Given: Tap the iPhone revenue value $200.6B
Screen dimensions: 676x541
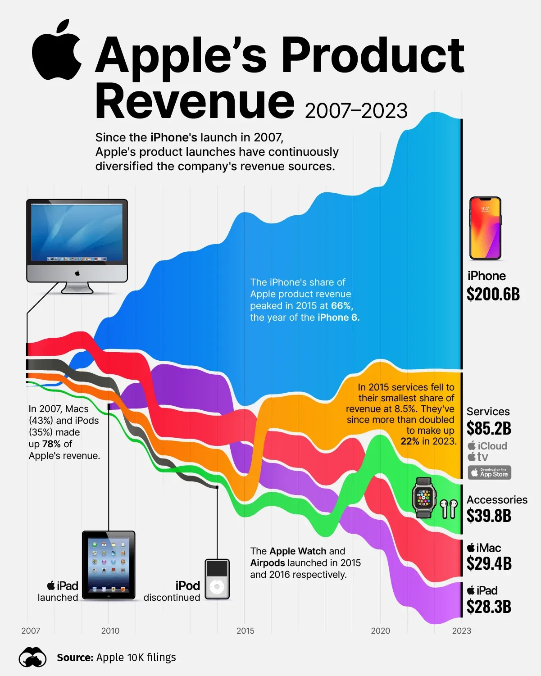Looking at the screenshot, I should click(x=493, y=294).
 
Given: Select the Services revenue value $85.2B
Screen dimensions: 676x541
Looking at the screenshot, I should click(x=489, y=428).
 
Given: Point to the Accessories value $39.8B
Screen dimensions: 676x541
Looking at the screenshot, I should click(x=489, y=516).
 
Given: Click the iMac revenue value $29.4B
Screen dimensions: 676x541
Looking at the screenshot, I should click(x=489, y=563).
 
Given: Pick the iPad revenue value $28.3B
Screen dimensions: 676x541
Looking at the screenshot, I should click(x=489, y=607).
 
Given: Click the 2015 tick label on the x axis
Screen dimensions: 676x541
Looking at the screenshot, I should click(x=245, y=631).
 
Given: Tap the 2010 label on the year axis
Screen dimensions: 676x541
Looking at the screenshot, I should click(x=110, y=631).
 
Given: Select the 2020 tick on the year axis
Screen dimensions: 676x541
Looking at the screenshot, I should click(x=380, y=631).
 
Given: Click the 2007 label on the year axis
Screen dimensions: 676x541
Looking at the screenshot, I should click(x=31, y=631).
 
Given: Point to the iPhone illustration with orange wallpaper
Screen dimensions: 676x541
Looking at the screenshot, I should click(x=485, y=228).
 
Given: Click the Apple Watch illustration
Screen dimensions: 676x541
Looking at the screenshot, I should click(x=424, y=498).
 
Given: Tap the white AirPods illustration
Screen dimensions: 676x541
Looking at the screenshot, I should click(x=448, y=509).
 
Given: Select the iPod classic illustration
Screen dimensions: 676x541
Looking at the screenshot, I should click(x=217, y=579).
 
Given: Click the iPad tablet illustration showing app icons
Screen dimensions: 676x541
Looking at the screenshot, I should click(x=109, y=565).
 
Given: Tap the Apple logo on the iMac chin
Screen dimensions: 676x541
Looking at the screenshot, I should click(x=77, y=273).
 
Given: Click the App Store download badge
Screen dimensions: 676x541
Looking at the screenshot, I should click(x=489, y=472).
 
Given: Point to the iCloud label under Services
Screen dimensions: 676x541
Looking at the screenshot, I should click(x=487, y=446).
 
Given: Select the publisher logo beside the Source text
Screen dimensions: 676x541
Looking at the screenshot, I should click(x=32, y=658).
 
